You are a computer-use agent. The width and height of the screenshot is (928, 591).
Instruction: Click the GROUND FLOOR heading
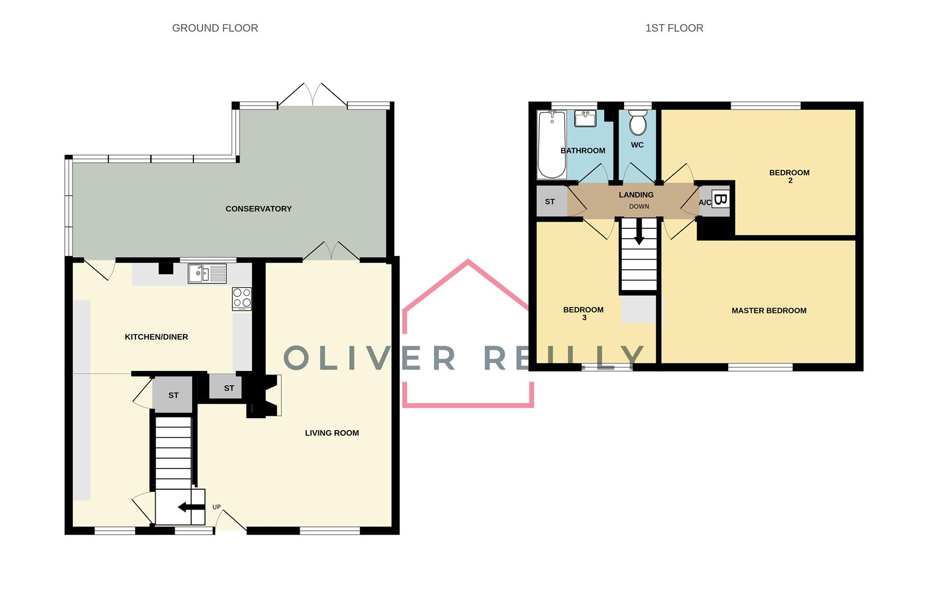[215, 28]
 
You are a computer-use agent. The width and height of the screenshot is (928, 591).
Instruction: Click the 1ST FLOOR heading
[674, 28]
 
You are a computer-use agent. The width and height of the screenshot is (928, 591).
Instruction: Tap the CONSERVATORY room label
[258, 208]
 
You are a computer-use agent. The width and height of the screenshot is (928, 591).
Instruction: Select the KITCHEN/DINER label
[156, 337]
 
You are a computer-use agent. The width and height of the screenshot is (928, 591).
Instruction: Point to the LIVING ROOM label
[331, 433]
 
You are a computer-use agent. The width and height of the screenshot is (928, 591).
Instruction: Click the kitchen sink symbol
[207, 274]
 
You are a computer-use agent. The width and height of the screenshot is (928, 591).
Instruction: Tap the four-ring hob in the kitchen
[242, 299]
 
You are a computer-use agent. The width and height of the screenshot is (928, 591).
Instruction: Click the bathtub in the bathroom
[552, 144]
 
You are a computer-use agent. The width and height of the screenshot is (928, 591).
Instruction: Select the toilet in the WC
[638, 123]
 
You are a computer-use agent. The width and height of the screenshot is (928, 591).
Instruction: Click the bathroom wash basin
[586, 118]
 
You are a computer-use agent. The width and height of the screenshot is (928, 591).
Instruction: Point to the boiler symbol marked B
[720, 199]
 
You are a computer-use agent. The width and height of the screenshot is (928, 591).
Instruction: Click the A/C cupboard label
[704, 203]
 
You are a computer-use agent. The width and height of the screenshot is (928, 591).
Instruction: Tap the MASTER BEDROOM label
[769, 310]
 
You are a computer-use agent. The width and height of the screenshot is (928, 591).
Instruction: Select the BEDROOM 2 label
[789, 176]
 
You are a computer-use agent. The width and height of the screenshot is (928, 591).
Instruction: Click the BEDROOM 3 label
[583, 313]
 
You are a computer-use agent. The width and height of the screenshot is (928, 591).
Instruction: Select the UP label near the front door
[216, 507]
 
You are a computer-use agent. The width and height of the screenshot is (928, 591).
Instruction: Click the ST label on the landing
[549, 201]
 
